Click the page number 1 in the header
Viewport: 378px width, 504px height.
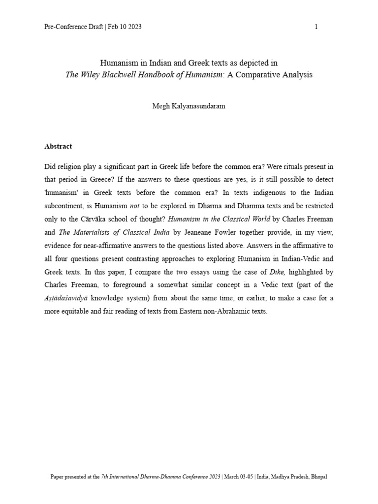click(x=316, y=27)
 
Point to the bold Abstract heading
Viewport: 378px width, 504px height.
click(x=58, y=146)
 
